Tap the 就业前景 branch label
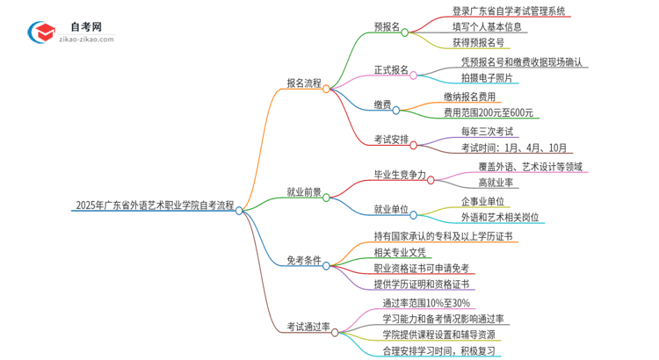click(304, 191)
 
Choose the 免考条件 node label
click(304, 261)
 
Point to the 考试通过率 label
click(308, 328)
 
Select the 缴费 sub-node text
click(382, 105)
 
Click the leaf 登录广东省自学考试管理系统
click(496, 11)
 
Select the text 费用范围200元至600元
click(489, 112)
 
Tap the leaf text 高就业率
click(496, 183)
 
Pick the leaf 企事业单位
click(483, 201)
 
